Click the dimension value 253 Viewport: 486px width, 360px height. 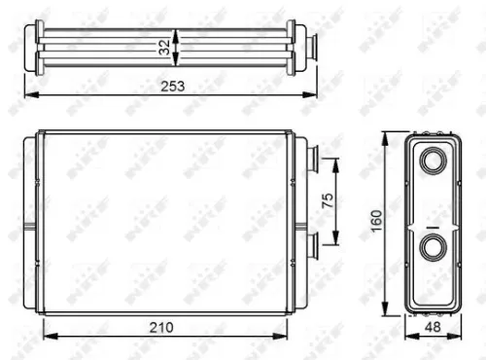(x=172, y=86)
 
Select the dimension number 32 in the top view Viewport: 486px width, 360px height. (x=164, y=45)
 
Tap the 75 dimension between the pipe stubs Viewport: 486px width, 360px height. (x=328, y=200)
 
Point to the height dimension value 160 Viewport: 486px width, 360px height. (x=373, y=223)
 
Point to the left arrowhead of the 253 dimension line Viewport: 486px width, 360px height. (x=27, y=94)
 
